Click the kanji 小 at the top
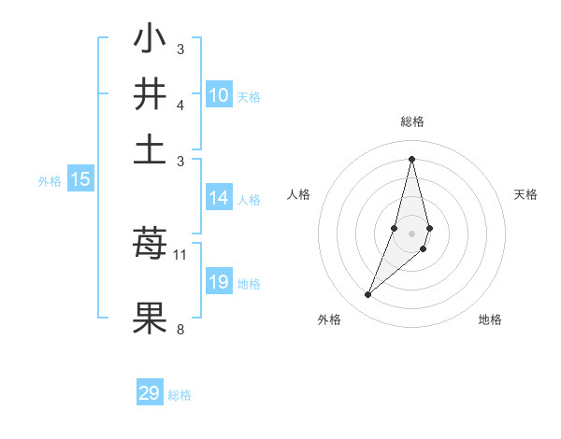150,39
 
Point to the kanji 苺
150,245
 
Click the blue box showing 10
219,95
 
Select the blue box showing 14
219,198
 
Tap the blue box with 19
219,283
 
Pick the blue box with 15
80,180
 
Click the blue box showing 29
150,393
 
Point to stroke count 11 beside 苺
180,254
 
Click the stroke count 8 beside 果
180,329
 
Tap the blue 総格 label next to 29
180,395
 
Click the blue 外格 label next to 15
49,181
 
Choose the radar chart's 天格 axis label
525,194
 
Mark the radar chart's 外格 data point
367,295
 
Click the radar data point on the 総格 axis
411,158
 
